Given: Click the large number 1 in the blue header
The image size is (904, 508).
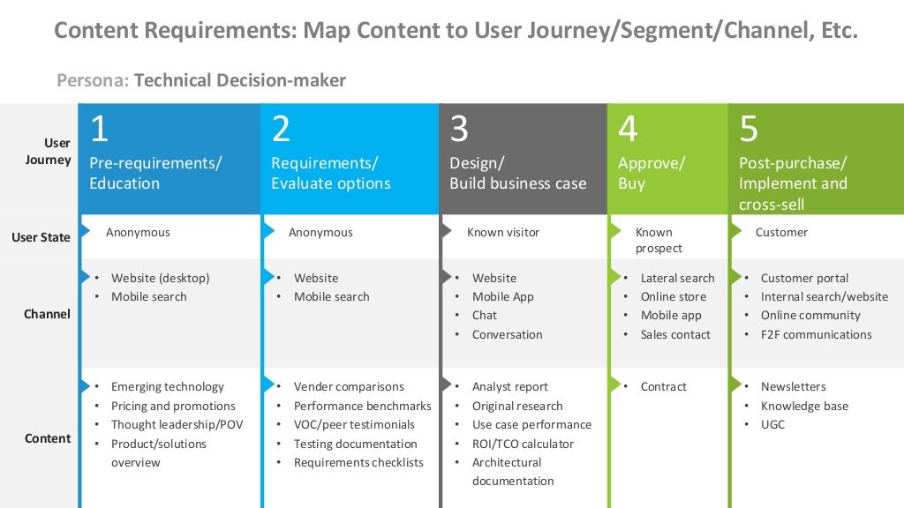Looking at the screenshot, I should coord(99,129).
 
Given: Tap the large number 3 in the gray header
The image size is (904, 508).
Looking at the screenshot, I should coord(459,129).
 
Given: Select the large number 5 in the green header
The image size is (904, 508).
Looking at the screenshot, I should coord(749,129).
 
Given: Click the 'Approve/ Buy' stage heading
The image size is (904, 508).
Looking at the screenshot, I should coord(651,173).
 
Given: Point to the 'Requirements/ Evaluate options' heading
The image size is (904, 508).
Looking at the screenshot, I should coord(330,173).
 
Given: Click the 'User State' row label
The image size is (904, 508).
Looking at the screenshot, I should coord(41,237).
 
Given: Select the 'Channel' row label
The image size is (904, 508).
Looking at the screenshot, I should coord(47,314).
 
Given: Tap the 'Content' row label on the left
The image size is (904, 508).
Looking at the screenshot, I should coord(47,438).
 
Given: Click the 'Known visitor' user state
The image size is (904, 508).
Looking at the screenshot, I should coord(502,232).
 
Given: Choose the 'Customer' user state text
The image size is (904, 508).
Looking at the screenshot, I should coord(781,232).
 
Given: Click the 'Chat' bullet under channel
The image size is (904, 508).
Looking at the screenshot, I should coord(484,315).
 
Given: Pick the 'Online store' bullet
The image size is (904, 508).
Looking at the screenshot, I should coord(673,296).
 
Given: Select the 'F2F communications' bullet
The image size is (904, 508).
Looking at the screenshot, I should coord(816,334).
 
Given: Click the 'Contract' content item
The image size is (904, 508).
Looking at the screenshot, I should coord(663,386).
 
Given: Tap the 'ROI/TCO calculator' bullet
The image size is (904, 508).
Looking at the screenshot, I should coord(523,444).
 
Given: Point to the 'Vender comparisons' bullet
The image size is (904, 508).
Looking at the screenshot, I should coord(349,386).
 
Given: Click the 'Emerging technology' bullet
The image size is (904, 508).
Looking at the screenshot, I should coord(167,386).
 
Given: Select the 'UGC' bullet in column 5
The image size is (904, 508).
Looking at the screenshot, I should coord(772,424).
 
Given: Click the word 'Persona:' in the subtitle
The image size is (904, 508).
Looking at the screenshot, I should coord(93,80).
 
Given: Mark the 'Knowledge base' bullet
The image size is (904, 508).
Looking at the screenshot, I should coord(804,406).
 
